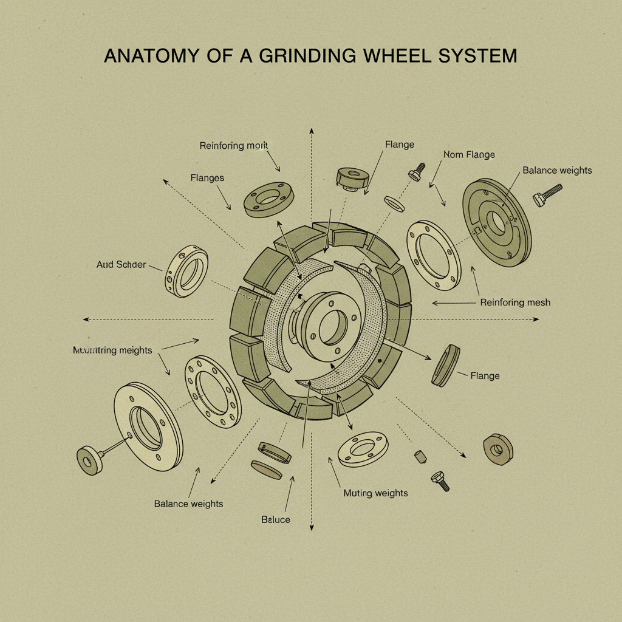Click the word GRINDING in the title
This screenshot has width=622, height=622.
click(x=302, y=56)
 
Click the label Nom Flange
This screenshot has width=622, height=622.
click(x=468, y=154)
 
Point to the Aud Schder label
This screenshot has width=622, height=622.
click(x=121, y=265)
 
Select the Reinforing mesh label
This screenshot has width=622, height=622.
click(x=515, y=302)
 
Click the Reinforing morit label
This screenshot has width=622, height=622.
click(x=234, y=146)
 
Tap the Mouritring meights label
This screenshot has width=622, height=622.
click(x=112, y=350)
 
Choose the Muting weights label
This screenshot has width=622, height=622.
click(x=375, y=493)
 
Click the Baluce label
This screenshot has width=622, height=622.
click(x=276, y=519)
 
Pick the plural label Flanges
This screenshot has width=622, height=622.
click(x=207, y=178)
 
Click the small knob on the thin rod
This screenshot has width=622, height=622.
click(x=89, y=459)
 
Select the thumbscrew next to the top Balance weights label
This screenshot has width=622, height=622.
click(x=547, y=194)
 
